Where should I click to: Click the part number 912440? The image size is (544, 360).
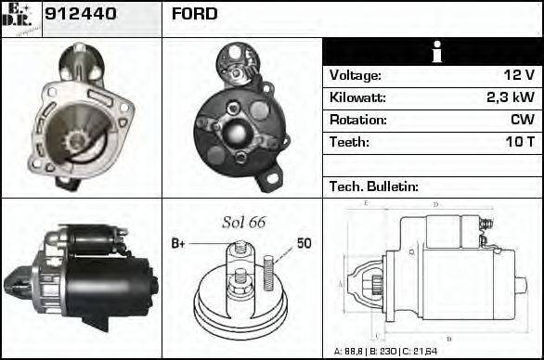coord(79,15)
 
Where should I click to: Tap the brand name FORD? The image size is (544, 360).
coord(195,15)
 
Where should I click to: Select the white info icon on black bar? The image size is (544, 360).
coord(433,52)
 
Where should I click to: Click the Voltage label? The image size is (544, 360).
coord(356,75)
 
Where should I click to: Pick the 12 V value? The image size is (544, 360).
coord(517,75)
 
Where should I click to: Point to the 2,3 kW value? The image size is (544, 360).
coord(509,97)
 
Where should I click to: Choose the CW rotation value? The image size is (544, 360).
coord(521,120)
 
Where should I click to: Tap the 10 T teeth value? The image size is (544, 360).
coord(517,142)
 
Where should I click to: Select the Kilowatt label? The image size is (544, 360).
coord(357,97)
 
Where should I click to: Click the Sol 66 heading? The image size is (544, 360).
coord(243,223)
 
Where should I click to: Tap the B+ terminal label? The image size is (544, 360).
coord(179,243)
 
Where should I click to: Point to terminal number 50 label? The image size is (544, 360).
coord(304,243)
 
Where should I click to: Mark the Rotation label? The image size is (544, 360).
coord(356,120)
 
